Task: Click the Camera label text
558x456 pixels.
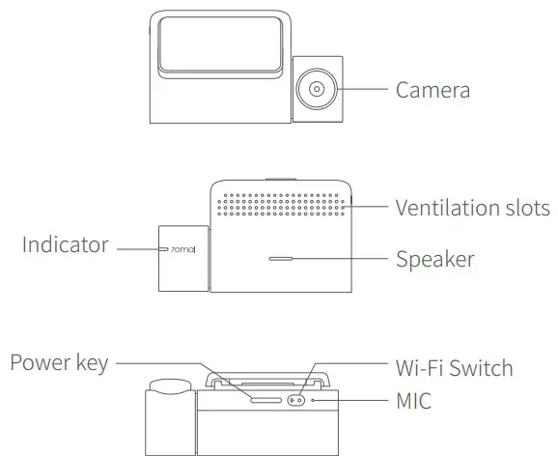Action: click(432, 91)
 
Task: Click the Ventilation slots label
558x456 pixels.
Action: click(472, 208)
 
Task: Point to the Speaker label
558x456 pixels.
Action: click(434, 259)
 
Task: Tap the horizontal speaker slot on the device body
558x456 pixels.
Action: click(282, 259)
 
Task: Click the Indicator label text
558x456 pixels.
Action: click(66, 245)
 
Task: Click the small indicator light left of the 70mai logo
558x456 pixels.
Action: click(162, 249)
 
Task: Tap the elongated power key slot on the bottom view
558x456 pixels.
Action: click(265, 398)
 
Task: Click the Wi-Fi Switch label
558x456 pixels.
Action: click(454, 368)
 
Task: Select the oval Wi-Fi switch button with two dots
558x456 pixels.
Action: click(296, 398)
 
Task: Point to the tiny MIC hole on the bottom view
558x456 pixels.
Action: click(313, 398)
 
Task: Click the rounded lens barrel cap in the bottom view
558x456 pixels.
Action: click(172, 387)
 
